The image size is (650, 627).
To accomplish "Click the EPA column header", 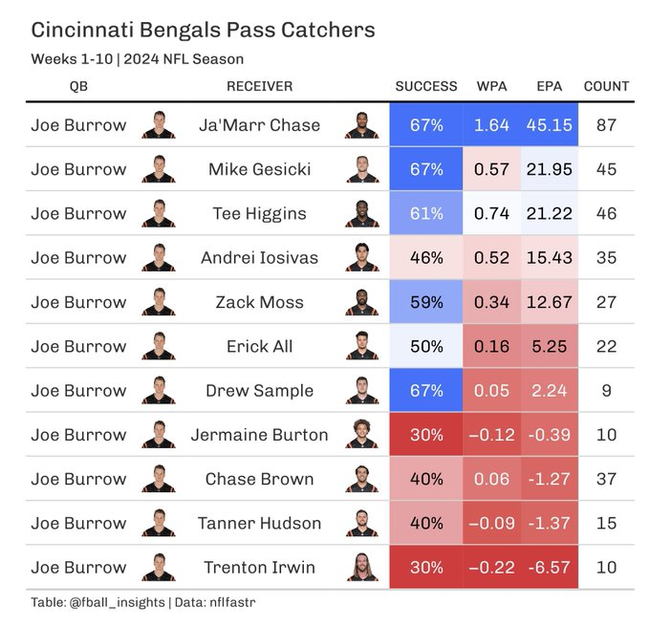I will [x=549, y=86].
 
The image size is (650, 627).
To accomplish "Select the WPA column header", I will [x=491, y=86].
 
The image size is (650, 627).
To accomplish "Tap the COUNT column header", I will [x=606, y=86].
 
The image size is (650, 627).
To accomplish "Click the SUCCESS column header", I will [x=426, y=86].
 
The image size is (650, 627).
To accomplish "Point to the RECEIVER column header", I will [x=259, y=86].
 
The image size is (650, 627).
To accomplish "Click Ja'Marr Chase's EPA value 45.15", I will [x=549, y=125].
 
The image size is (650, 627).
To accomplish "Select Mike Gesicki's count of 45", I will [x=606, y=169].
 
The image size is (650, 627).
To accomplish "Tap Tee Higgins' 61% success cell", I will [x=426, y=214].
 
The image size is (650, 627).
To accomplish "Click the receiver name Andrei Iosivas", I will [x=259, y=258].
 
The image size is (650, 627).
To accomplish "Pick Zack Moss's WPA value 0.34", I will [x=491, y=302].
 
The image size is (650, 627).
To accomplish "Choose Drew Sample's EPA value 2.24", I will [x=549, y=391].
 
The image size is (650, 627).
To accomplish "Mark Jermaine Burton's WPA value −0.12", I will [x=491, y=435].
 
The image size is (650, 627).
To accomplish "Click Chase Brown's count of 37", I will [x=606, y=479].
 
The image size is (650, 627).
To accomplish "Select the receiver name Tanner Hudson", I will [x=259, y=524].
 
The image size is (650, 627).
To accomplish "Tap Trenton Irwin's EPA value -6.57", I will [x=549, y=568].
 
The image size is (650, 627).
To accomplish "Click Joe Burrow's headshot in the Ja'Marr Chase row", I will [x=159, y=125].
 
